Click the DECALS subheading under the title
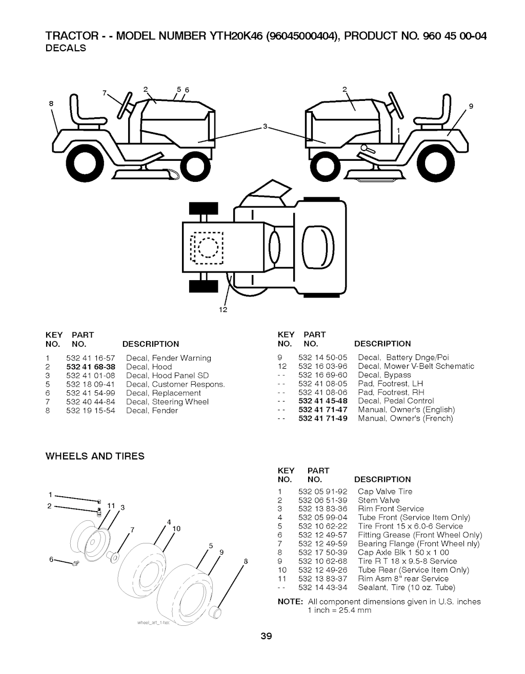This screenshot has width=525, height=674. tap(66, 48)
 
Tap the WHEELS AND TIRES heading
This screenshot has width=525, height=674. tap(95, 456)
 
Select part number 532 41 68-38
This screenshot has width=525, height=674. tap(91, 367)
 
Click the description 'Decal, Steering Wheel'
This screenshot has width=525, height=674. tap(167, 402)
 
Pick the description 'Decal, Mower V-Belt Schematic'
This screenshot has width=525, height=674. tap(416, 366)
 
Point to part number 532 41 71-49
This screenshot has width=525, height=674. tap(322, 418)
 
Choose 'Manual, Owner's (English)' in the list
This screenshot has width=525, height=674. tap(407, 410)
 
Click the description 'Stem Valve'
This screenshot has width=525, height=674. tap(378, 500)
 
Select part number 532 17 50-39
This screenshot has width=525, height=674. tap(322, 552)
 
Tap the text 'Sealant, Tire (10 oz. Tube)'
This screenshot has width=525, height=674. tap(407, 587)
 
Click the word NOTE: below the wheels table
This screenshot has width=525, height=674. tap(290, 601)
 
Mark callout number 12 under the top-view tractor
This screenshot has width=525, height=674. tap(223, 310)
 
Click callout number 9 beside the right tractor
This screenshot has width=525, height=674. tap(471, 107)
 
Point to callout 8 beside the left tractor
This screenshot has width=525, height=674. tap(51, 103)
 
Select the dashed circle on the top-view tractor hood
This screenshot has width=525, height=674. tap(208, 248)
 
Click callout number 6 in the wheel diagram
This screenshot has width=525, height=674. tap(52, 559)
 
